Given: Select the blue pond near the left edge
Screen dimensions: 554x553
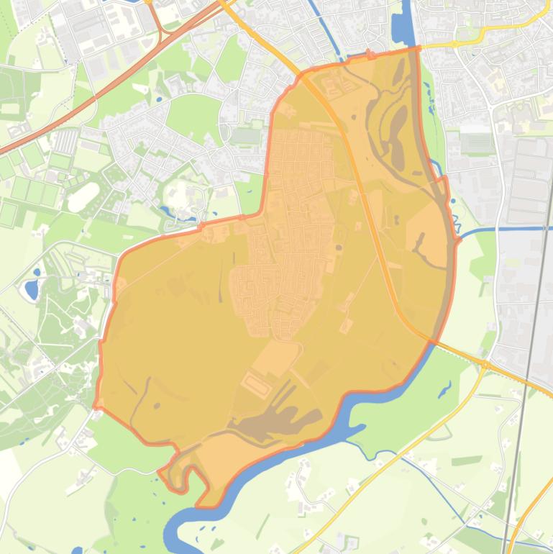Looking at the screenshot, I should click(31, 290).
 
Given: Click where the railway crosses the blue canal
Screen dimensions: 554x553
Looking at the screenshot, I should click(544, 229).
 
